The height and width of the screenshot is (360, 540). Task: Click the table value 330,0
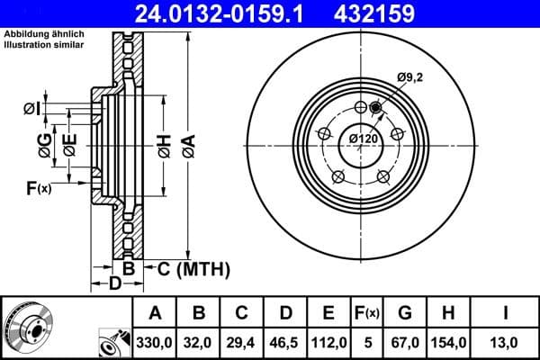[x=156, y=342]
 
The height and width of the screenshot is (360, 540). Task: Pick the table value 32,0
[x=199, y=342]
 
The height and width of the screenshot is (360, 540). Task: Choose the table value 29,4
[x=242, y=342]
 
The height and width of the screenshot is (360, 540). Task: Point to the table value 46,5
[x=285, y=342]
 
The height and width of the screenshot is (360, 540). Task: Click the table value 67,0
[x=406, y=342]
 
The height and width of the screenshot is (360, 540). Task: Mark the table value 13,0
[x=506, y=342]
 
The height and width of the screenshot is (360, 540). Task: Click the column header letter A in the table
[x=156, y=313]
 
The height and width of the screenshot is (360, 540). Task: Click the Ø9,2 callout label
[x=410, y=77]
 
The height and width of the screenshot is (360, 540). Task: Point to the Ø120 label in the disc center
[x=363, y=139]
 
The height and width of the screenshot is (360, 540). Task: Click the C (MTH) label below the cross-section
[x=193, y=268]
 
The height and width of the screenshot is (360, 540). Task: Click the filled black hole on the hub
[x=375, y=110]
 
